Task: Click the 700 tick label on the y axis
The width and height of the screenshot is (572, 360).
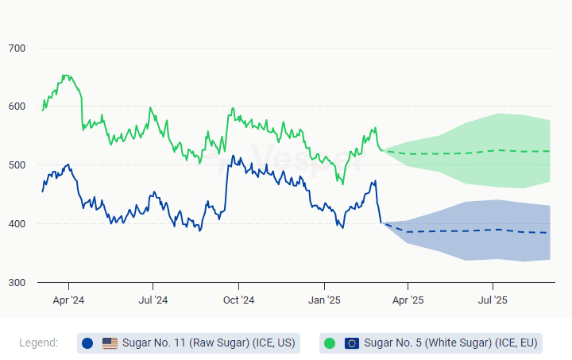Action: tap(17, 48)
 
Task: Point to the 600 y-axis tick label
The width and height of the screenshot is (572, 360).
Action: tap(17, 106)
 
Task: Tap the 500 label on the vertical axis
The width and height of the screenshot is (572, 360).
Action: tap(17, 165)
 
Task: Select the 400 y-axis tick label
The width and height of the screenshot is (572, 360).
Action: tap(17, 224)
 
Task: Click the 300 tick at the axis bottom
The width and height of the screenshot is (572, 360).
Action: tap(17, 283)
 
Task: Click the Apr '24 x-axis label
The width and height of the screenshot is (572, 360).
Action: tap(68, 300)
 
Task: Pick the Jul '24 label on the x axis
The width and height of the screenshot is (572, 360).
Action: tap(153, 300)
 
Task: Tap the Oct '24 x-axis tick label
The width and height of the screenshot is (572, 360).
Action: tap(238, 300)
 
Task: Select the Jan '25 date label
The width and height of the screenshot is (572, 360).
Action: tap(324, 300)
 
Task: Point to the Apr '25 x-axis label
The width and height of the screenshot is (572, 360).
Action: tap(408, 300)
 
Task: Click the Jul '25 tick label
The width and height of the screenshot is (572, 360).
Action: tap(493, 300)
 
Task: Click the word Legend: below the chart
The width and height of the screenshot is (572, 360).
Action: tap(39, 343)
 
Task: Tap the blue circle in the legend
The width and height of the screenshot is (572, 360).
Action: tap(87, 343)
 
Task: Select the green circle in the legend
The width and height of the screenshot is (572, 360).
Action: tap(330, 343)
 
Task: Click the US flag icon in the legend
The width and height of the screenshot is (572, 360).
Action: tap(110, 343)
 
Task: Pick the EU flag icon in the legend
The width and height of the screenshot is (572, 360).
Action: tap(352, 343)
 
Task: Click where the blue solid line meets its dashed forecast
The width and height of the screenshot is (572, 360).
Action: tap(382, 223)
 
